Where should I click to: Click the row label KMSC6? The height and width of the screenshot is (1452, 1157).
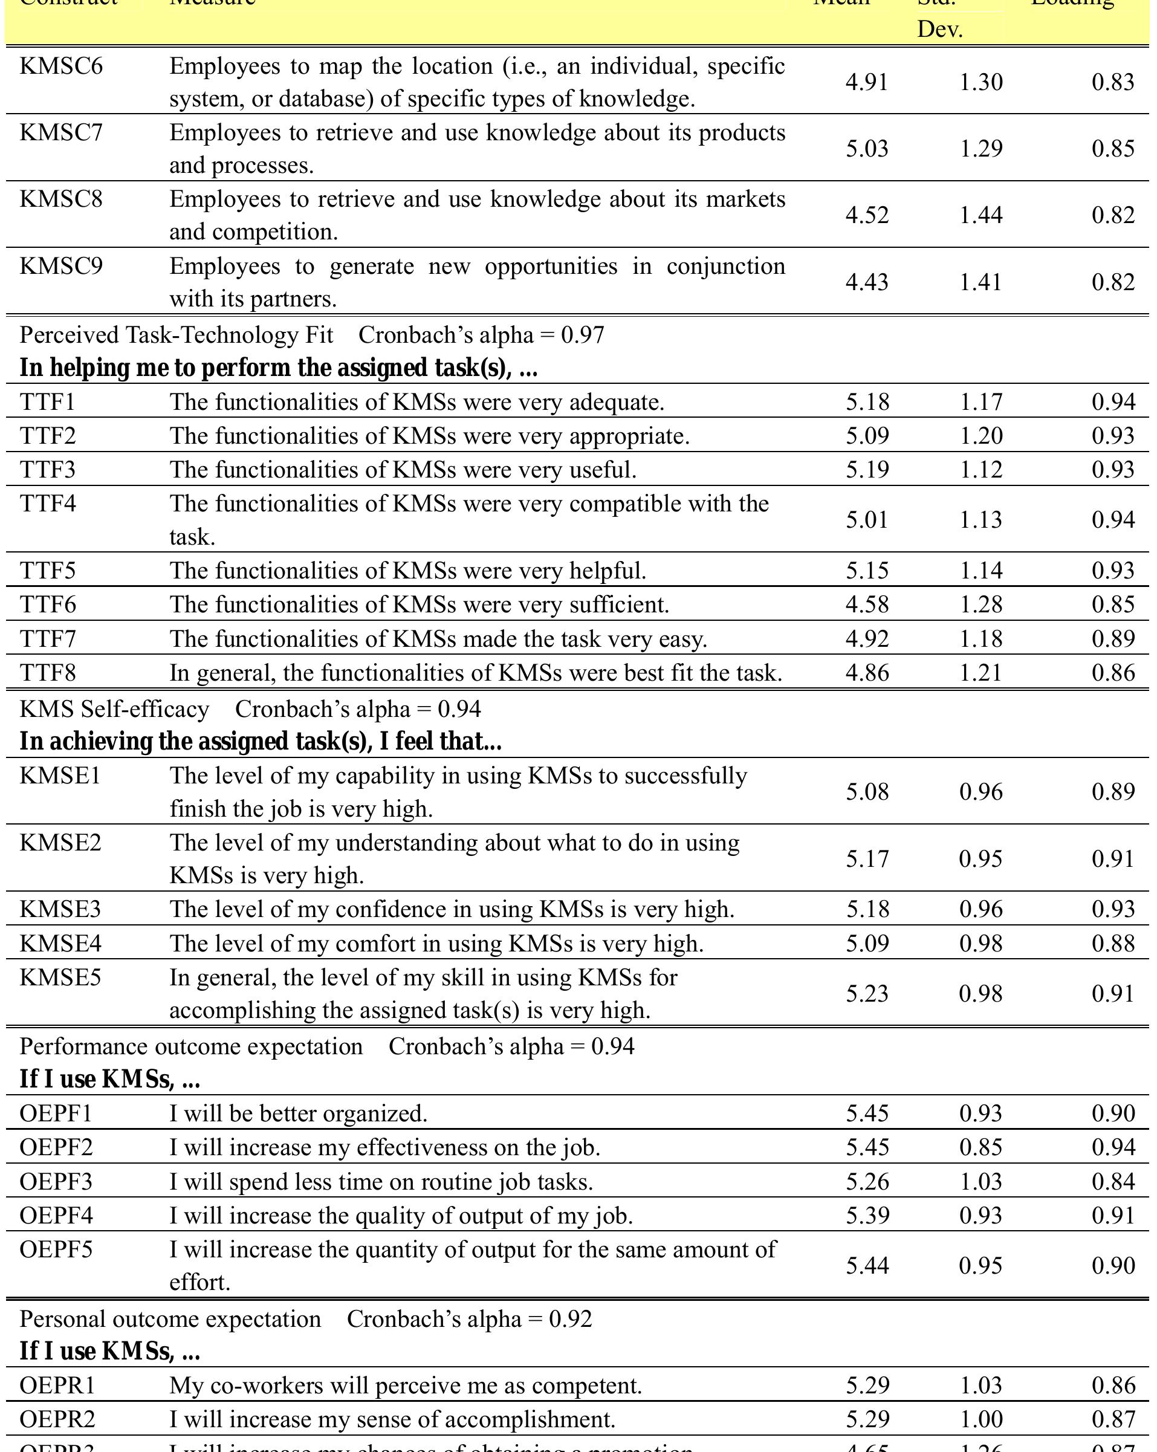pyautogui.click(x=61, y=66)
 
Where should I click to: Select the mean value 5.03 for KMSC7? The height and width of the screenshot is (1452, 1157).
pyautogui.click(x=867, y=148)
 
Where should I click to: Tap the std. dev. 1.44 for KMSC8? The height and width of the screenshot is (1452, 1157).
pyautogui.click(x=980, y=215)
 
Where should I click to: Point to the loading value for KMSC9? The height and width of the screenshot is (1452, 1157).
pyautogui.click(x=1112, y=282)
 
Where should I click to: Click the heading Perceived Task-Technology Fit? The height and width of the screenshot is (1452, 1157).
pyautogui.click(x=177, y=335)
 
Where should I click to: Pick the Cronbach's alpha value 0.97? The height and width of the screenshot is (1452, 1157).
pyautogui.click(x=583, y=335)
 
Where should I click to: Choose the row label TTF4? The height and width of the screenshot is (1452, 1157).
pyautogui.click(x=48, y=503)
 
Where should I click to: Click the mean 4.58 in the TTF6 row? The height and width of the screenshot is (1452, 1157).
pyautogui.click(x=867, y=604)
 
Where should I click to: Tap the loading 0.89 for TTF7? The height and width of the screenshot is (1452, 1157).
pyautogui.click(x=1112, y=638)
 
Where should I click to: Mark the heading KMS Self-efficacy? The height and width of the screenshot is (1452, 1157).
pyautogui.click(x=114, y=708)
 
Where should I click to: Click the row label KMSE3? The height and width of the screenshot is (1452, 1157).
pyautogui.click(x=60, y=909)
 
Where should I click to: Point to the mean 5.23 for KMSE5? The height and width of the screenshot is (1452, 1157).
pyautogui.click(x=867, y=993)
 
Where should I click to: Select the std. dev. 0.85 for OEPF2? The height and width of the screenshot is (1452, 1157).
pyautogui.click(x=980, y=1147)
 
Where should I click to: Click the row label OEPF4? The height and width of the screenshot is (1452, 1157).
pyautogui.click(x=57, y=1215)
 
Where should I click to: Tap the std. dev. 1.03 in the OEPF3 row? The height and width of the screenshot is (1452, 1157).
pyautogui.click(x=980, y=1181)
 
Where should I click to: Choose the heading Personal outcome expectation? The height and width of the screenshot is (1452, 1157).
pyautogui.click(x=170, y=1318)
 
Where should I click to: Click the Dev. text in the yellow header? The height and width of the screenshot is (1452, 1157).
pyautogui.click(x=939, y=30)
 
